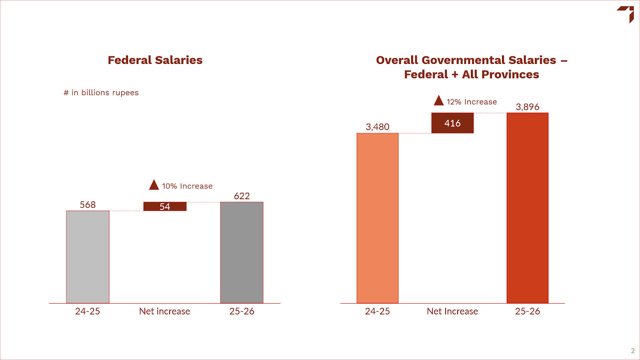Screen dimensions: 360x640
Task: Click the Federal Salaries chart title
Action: click(155, 60)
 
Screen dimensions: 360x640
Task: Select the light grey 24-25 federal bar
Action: click(88, 257)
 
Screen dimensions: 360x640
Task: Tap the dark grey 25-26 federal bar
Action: click(242, 252)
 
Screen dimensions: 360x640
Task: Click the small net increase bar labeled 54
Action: click(165, 206)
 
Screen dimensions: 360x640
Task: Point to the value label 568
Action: click(88, 205)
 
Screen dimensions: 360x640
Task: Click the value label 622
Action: click(242, 196)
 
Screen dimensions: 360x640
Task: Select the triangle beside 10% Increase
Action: click(154, 185)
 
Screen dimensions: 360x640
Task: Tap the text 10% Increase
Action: click(187, 186)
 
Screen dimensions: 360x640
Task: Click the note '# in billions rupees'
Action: click(101, 93)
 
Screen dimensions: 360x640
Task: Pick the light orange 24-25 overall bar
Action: click(377, 218)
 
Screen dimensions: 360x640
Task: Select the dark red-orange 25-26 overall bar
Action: click(527, 208)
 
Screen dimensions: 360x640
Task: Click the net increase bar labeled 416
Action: click(452, 123)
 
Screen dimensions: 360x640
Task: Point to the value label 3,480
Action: click(377, 127)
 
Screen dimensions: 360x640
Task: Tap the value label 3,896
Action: click(527, 107)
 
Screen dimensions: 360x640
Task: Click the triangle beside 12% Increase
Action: click(439, 100)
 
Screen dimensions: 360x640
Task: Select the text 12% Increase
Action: click(472, 102)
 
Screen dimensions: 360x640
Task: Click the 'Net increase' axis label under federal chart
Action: click(164, 311)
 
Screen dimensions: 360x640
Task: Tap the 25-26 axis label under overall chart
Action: click(527, 311)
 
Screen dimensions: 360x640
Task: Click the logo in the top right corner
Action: click(626, 14)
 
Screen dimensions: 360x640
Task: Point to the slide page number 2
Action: click(633, 351)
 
